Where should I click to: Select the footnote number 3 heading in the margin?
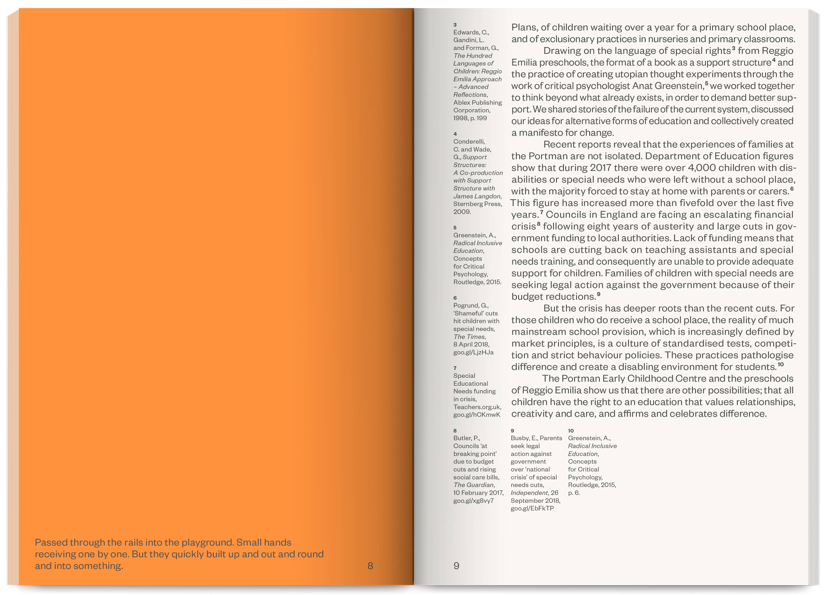tap(455, 25)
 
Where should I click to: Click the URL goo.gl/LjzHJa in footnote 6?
tap(473, 352)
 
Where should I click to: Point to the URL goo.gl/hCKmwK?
tap(477, 415)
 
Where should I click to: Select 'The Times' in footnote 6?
tap(469, 337)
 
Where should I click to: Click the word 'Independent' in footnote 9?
tap(528, 493)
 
